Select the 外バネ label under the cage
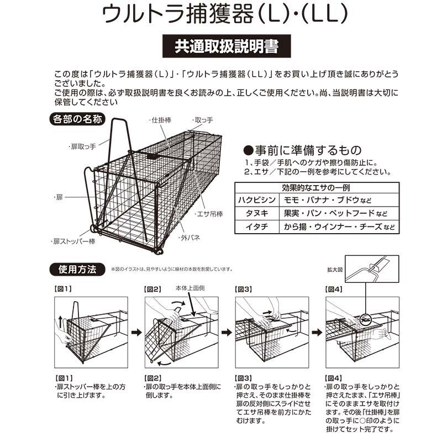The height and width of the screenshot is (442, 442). click(189, 239)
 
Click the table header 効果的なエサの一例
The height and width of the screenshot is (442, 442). click(316, 186)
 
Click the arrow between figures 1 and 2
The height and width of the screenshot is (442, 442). click(135, 333)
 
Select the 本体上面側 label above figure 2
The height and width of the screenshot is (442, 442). click(191, 288)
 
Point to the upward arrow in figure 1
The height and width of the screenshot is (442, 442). click(59, 319)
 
